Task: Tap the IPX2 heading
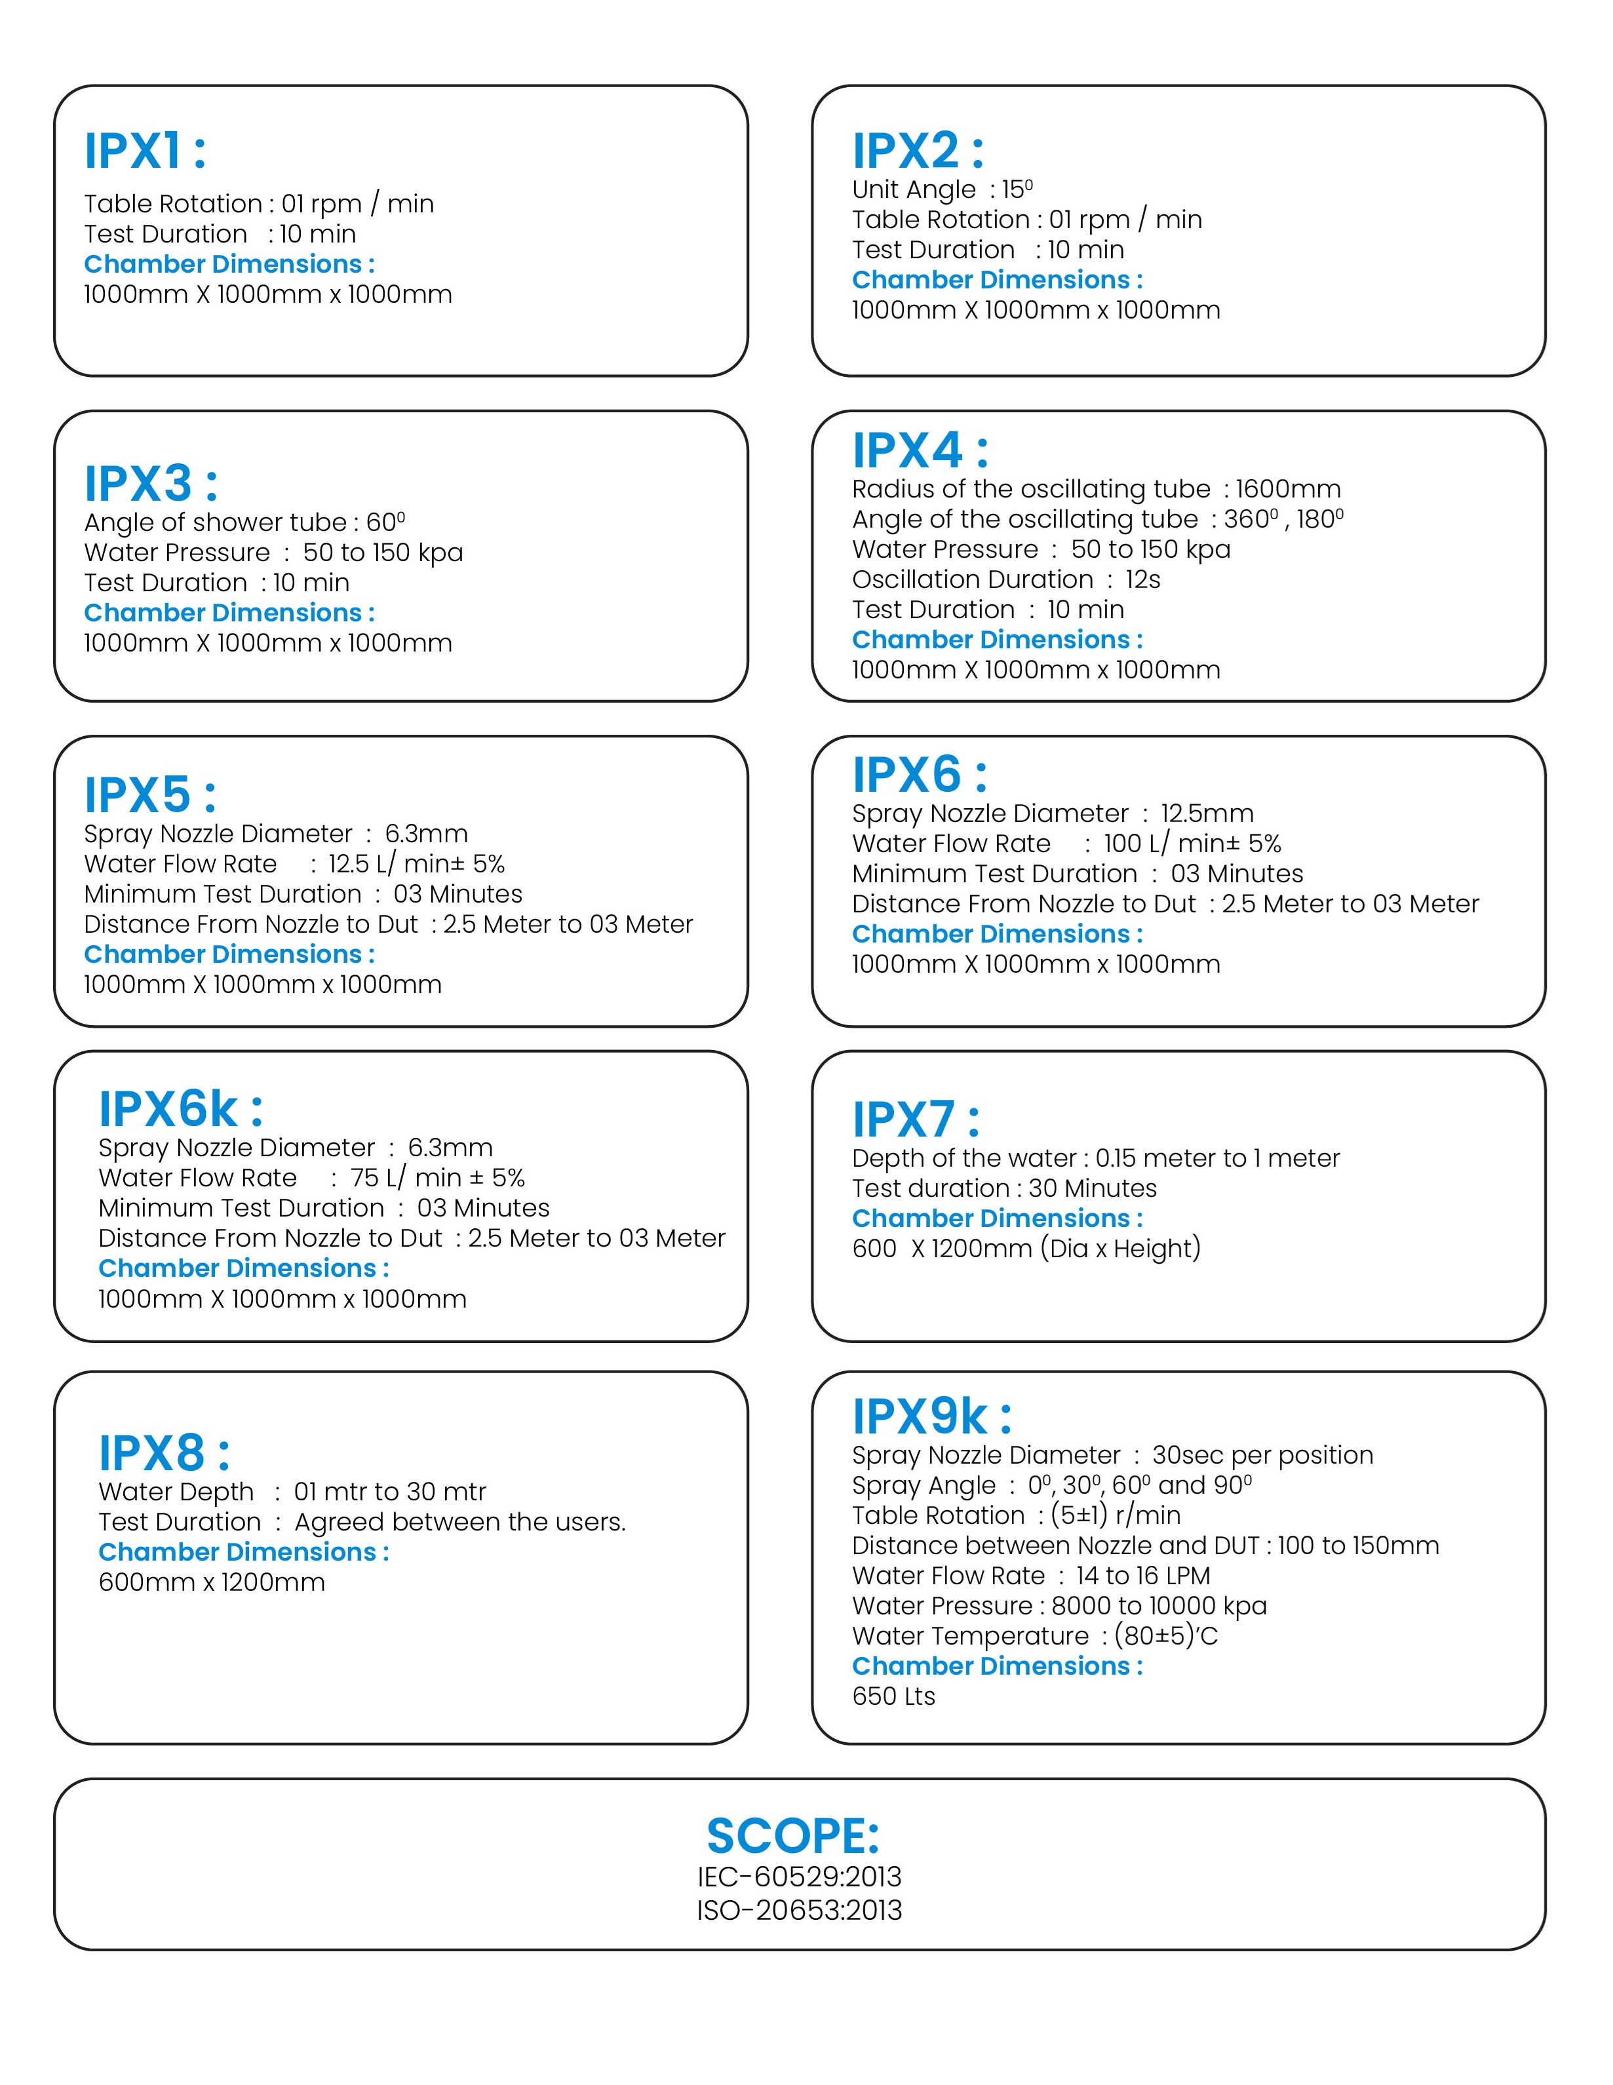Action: [x=917, y=151]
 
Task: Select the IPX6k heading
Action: [x=180, y=1109]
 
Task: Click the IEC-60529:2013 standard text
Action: [x=799, y=1877]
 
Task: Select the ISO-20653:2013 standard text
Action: [x=799, y=1910]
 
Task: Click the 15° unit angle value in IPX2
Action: [x=1017, y=189]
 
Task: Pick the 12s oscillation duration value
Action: [x=1142, y=579]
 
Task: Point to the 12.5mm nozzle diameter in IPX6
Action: [x=1207, y=813]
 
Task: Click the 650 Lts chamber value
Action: [x=893, y=1696]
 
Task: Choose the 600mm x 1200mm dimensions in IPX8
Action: [x=212, y=1583]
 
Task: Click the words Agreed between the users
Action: [x=460, y=1522]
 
